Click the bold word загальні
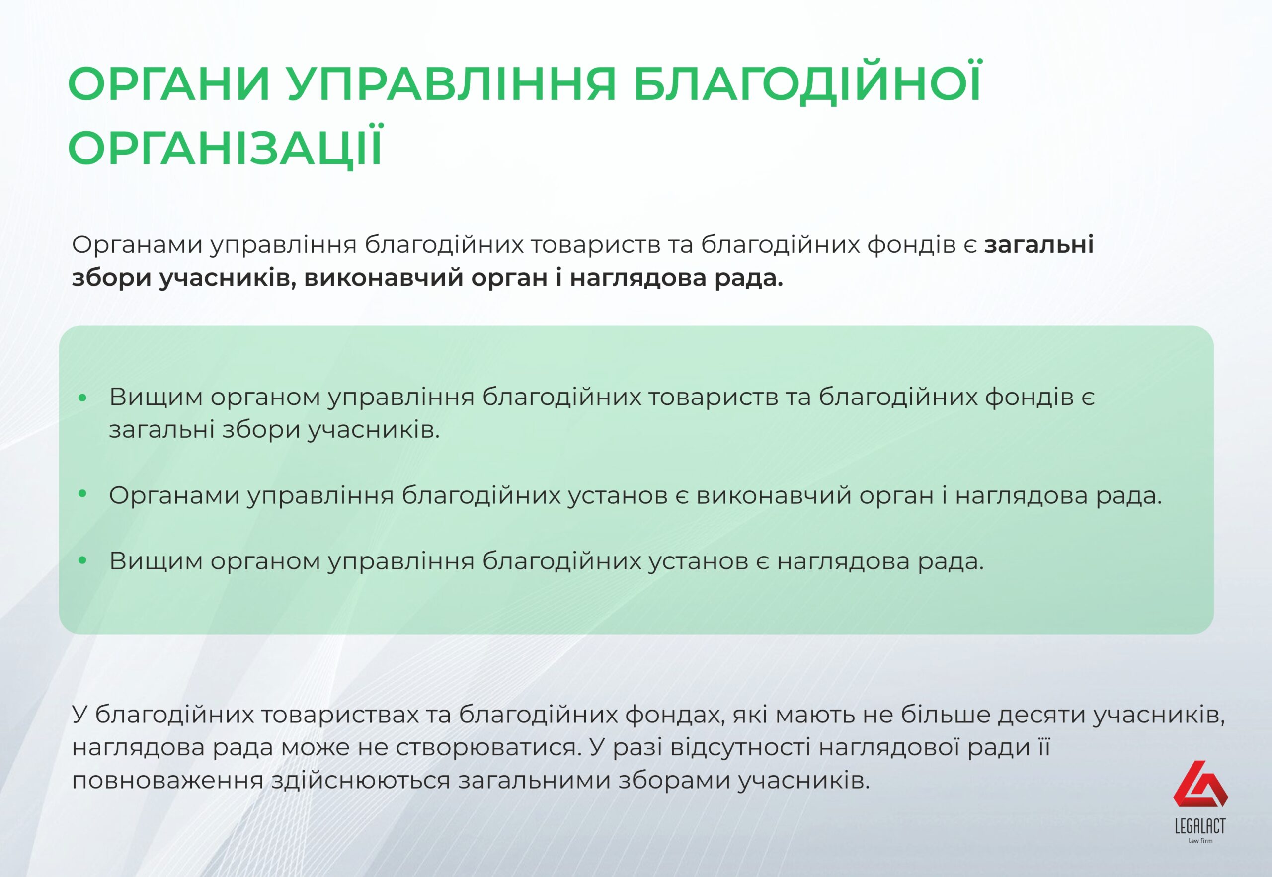tap(1038, 244)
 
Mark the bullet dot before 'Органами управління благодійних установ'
tap(83, 494)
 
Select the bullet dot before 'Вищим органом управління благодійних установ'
tap(83, 560)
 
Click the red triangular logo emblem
tap(1200, 784)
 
